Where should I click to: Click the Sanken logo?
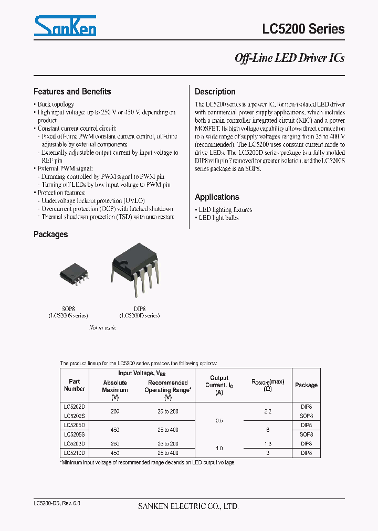65,26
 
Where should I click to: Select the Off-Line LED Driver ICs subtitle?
289,58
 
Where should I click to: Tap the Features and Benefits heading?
72,91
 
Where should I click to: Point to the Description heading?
215,91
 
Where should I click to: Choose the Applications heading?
217,197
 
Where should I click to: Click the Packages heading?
50,234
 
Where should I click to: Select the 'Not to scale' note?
102,327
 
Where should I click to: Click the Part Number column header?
74,385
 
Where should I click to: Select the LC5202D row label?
74,406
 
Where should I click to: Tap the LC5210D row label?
74,453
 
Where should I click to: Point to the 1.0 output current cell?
219,448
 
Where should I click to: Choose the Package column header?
306,385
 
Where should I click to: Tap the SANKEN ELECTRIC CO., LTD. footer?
188,506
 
